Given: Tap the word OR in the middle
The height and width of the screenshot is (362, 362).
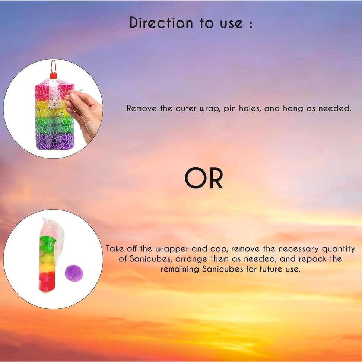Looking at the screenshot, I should (204, 179).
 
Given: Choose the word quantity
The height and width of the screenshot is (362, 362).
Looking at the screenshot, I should (337, 249).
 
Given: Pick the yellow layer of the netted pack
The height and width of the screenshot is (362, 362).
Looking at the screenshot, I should (52, 108).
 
